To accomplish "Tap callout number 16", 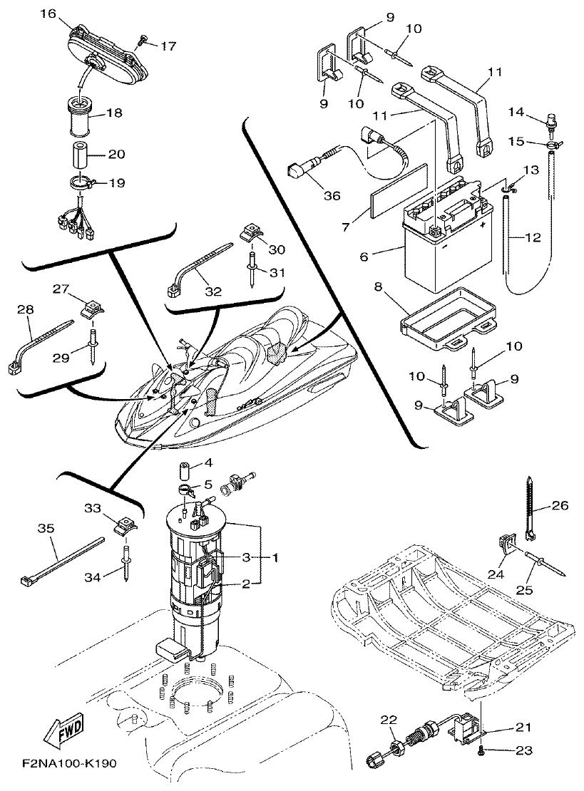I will point(48,13).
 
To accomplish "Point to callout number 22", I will point(387,720).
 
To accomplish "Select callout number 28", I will point(25,311).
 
